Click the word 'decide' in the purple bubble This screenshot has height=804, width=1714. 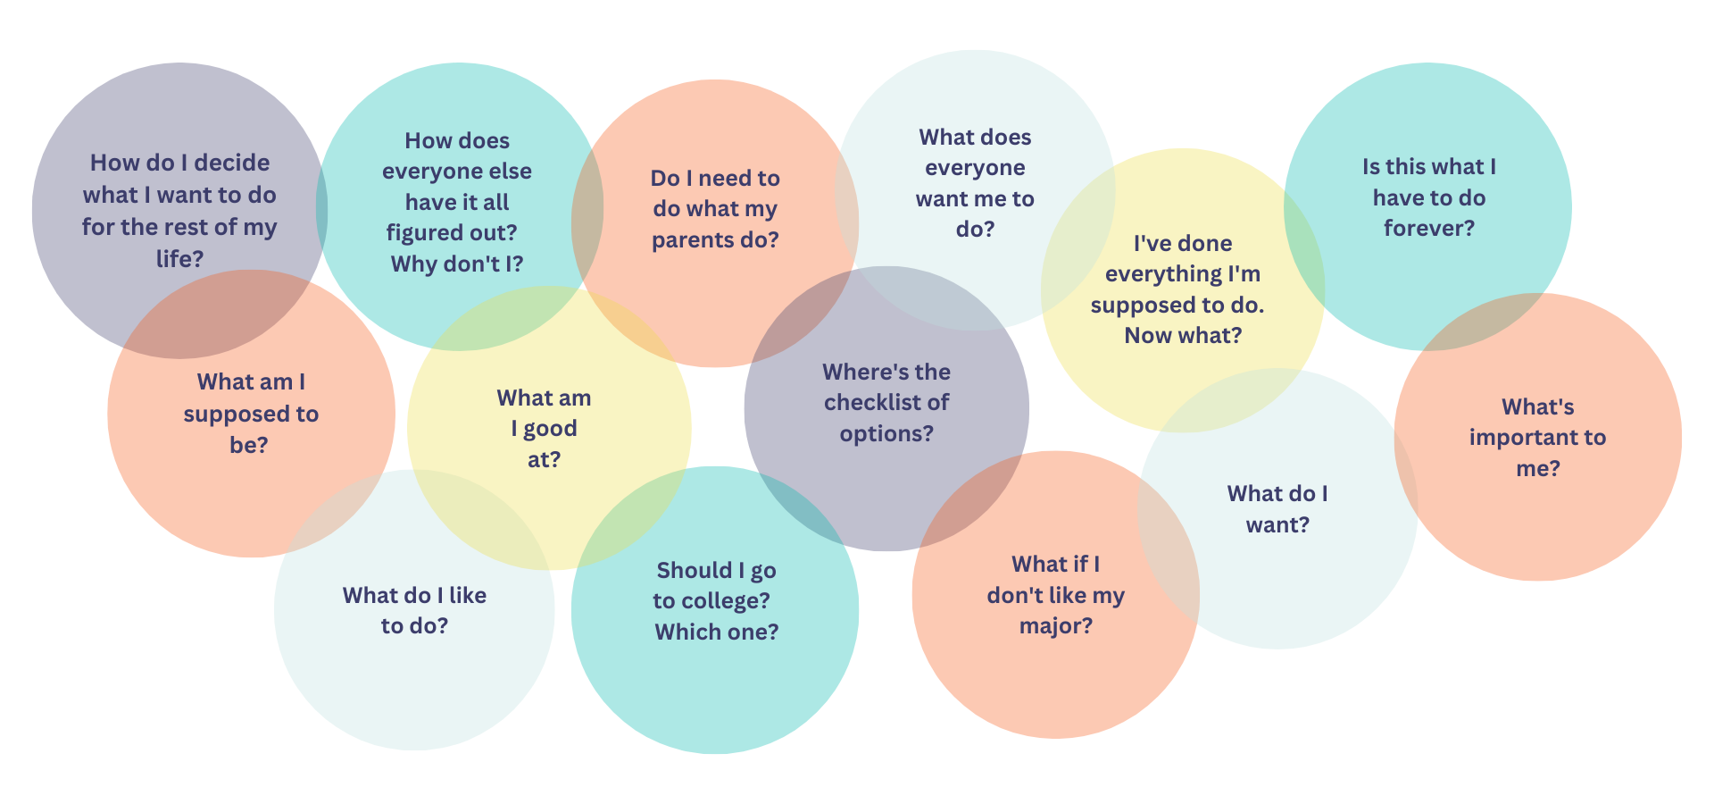coord(231,163)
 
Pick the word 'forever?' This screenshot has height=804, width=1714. coord(1428,229)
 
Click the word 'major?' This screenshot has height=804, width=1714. coord(1055,626)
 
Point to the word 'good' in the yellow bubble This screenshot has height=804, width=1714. coord(550,430)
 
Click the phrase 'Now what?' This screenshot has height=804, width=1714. coord(1183,336)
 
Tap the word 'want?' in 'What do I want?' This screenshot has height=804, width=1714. coord(1277,525)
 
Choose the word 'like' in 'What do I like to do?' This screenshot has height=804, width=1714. coord(468,596)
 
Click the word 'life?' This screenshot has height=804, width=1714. coord(179,259)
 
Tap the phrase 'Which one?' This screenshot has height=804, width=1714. coord(716,632)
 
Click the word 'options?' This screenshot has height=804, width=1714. coord(886,434)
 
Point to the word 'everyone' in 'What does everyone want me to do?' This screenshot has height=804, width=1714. coord(975,168)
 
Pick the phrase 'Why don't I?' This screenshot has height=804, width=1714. coord(456,264)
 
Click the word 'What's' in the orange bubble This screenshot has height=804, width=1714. coord(1537,407)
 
